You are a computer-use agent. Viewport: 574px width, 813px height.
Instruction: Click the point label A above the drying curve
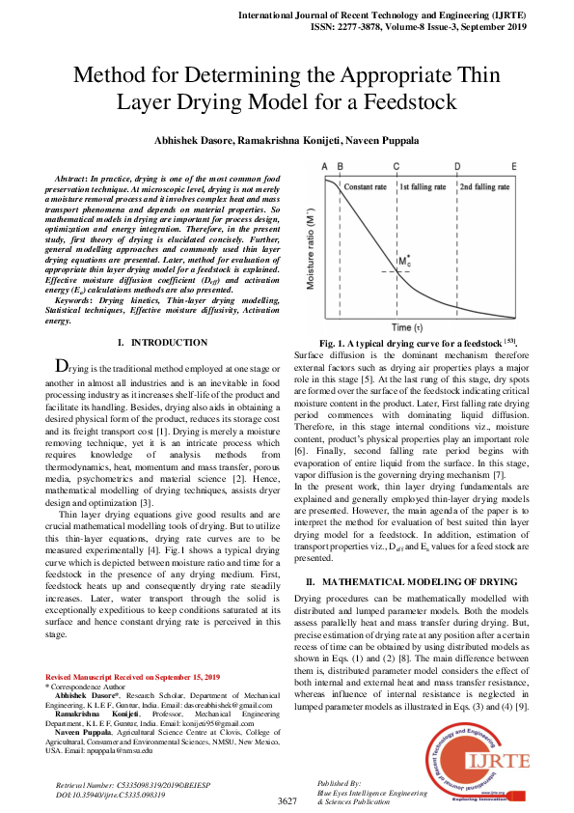pos(325,166)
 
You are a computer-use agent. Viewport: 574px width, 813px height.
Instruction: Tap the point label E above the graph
pos(513,166)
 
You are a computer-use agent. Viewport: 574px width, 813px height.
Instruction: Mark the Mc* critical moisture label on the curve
pos(403,262)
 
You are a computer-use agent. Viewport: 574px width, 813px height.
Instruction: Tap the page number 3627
pos(287,801)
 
